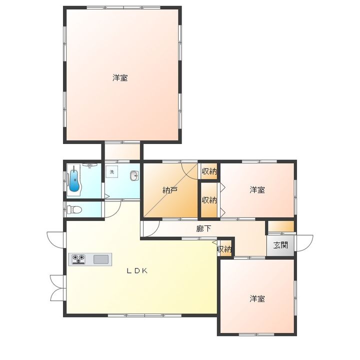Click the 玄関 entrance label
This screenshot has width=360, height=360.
tap(280, 245)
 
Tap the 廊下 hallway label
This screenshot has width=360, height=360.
tap(203, 228)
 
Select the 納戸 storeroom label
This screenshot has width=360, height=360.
tap(170, 190)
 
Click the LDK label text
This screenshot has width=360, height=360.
tap(137, 271)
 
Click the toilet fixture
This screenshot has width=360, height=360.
tap(74, 209)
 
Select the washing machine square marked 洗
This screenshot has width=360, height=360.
tap(112, 171)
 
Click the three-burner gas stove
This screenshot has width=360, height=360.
tap(78, 259)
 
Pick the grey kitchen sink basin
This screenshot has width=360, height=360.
tap(101, 259)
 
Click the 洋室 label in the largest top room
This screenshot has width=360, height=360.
tap(120, 78)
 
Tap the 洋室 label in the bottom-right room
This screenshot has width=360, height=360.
tap(257, 298)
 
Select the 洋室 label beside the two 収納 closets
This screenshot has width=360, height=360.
tap(257, 190)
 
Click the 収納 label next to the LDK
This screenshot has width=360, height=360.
tap(224, 249)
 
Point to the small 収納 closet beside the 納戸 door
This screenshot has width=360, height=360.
tap(209, 171)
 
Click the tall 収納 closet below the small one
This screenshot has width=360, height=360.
tap(209, 200)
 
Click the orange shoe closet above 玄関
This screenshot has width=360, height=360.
tap(281, 226)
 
